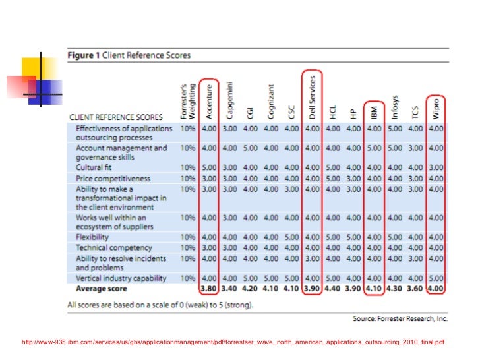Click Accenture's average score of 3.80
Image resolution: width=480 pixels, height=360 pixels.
click(x=208, y=288)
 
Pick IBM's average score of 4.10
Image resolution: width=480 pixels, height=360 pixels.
click(x=373, y=288)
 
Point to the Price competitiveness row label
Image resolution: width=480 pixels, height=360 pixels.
click(x=113, y=178)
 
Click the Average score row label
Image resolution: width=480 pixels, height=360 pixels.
click(x=101, y=288)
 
